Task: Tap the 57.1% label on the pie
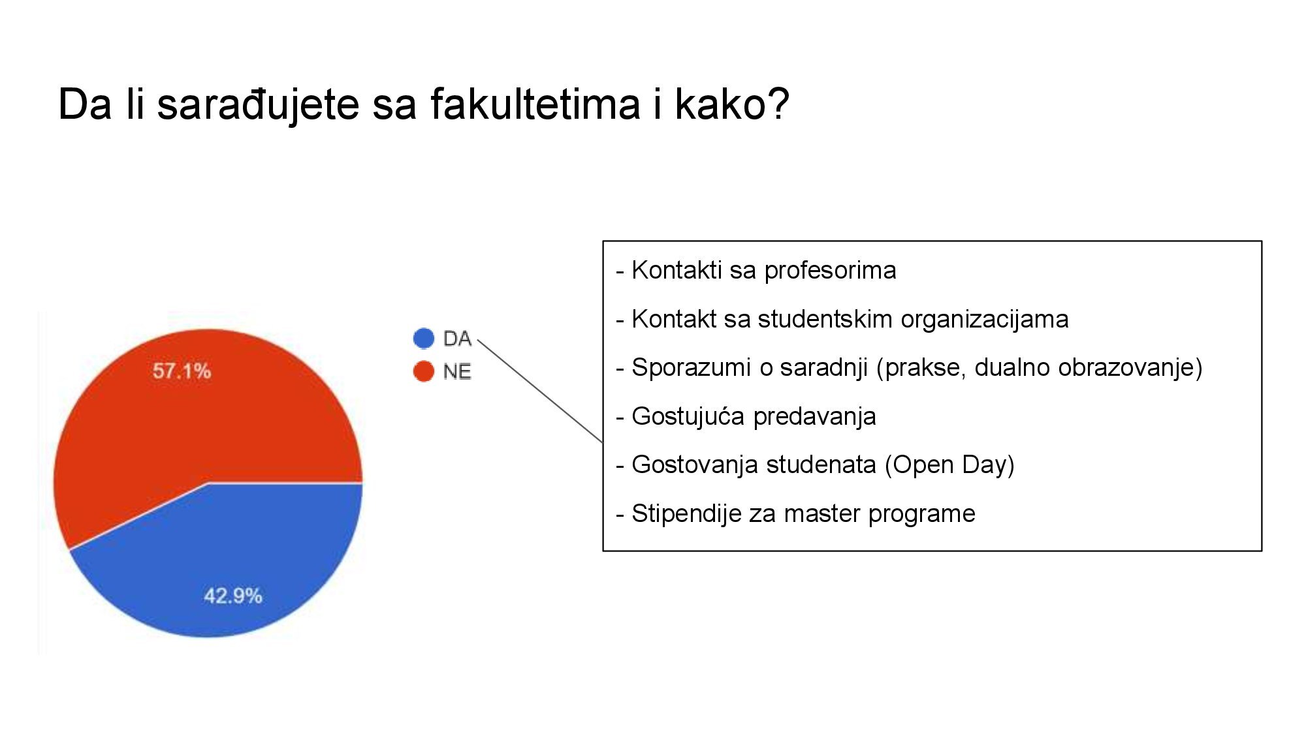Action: coord(182,371)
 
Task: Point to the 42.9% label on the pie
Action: coord(233,596)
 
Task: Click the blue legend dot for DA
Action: coord(424,338)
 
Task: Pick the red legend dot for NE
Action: coord(424,371)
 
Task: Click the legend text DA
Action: coord(457,339)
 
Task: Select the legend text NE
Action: coord(457,372)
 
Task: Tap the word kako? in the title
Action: coord(732,104)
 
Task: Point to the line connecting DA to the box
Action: coord(540,391)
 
